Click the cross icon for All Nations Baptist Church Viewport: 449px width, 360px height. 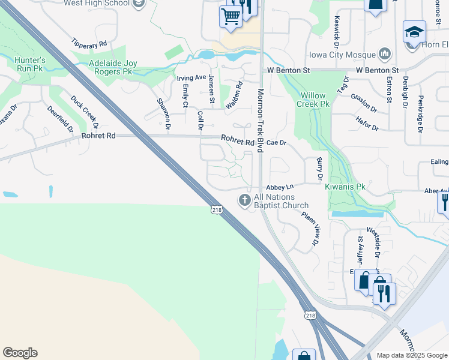pyautogui.click(x=245, y=200)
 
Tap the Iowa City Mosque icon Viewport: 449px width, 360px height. pyautogui.click(x=385, y=55)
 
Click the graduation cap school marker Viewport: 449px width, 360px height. pyautogui.click(x=414, y=32)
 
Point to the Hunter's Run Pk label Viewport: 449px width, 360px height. pyautogui.click(x=31, y=64)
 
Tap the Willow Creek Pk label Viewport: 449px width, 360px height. pyautogui.click(x=314, y=100)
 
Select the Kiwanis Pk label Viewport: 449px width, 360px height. pyautogui.click(x=345, y=187)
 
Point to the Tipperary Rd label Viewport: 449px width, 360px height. pyautogui.click(x=89, y=44)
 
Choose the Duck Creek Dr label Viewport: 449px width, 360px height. pyautogui.click(x=83, y=112)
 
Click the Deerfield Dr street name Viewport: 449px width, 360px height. pyautogui.click(x=60, y=119)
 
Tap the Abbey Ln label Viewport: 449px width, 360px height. pyautogui.click(x=279, y=188)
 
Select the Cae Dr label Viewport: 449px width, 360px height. pyautogui.click(x=277, y=143)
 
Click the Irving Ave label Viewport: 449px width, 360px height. pyautogui.click(x=191, y=78)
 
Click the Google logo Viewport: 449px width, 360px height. pyautogui.click(x=20, y=353)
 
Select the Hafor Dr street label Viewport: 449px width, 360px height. pyautogui.click(x=367, y=128)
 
